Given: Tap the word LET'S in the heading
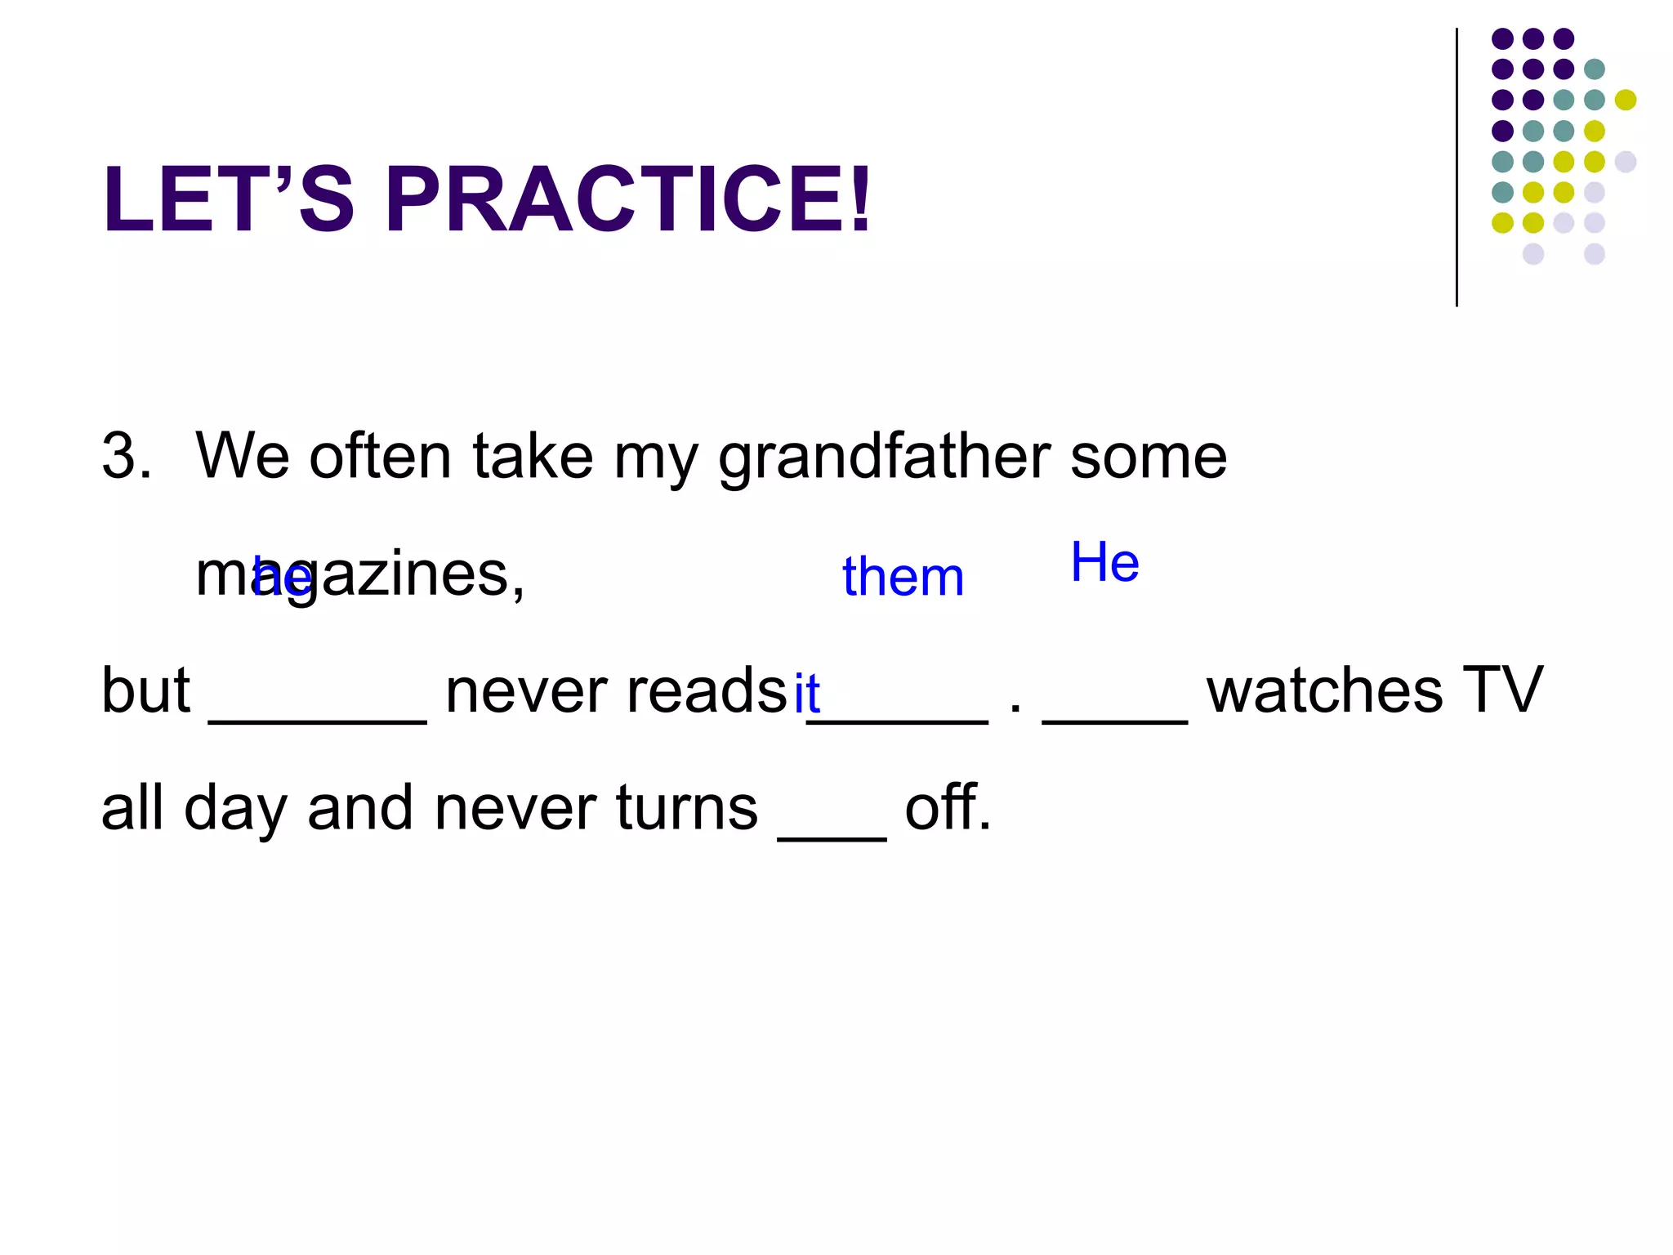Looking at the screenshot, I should [x=229, y=199].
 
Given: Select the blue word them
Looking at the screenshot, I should [x=903, y=577].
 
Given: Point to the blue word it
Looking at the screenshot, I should [x=806, y=693].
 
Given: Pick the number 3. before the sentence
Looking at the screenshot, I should [x=127, y=456].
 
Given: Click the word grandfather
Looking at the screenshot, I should [x=884, y=458].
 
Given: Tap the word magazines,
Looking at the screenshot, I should [x=359, y=575].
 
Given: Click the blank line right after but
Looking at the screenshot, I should [x=318, y=719].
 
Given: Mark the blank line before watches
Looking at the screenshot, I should [x=1114, y=719].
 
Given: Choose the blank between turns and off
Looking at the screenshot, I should [x=832, y=837].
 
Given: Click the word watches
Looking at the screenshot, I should [x=1324, y=691].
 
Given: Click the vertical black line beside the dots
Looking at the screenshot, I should [x=1457, y=167].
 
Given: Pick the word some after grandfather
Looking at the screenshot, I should [x=1148, y=458].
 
